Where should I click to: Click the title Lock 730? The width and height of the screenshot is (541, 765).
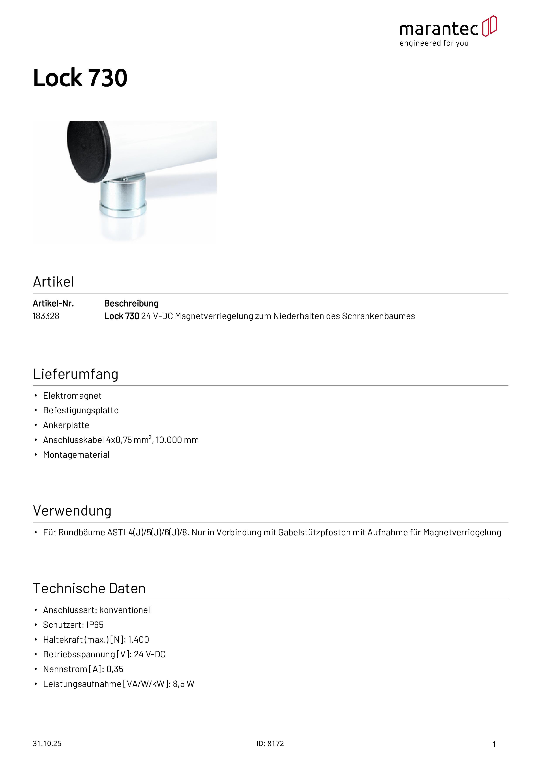pos(80,78)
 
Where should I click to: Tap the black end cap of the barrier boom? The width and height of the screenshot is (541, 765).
pos(88,151)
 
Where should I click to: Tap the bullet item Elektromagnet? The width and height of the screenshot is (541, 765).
pos(72,396)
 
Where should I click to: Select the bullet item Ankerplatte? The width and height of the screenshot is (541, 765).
pos(66,425)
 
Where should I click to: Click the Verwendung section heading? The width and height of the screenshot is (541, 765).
pos(72,511)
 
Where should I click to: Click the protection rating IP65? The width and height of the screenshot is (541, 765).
pos(95,625)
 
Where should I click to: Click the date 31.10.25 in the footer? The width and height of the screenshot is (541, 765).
pos(47,743)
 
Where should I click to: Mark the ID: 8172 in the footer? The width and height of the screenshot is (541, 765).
pos(270,743)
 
